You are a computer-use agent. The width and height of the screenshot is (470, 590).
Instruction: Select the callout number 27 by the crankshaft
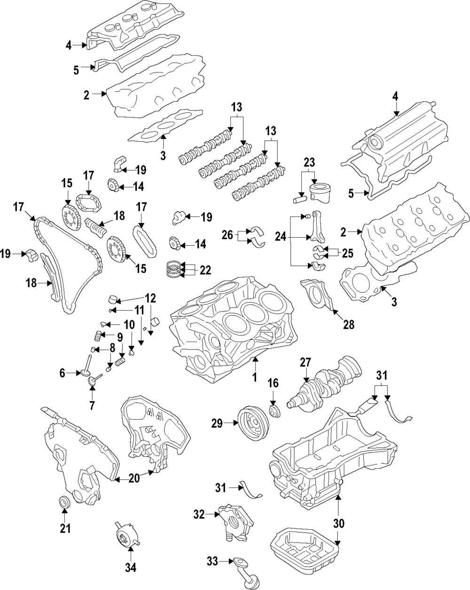(x=305, y=362)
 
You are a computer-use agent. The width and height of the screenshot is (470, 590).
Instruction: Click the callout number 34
(x=130, y=568)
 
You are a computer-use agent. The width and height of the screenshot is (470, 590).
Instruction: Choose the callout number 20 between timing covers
(x=133, y=478)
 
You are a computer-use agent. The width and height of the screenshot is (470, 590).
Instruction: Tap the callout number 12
(x=150, y=298)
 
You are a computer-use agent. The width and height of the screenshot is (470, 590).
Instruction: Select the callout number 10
(x=129, y=324)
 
